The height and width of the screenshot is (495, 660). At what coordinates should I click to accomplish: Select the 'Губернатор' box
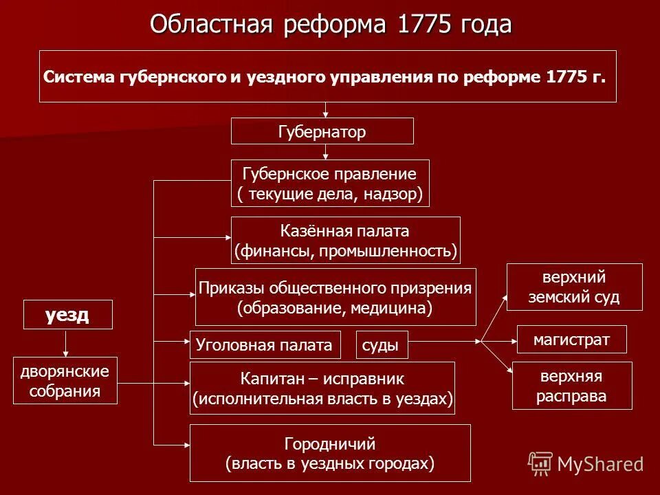[322, 131]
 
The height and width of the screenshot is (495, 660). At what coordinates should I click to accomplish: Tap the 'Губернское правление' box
[330, 183]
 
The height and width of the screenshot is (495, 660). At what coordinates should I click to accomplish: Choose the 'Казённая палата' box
[345, 241]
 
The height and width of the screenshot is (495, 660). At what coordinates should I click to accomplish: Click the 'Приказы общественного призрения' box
[335, 297]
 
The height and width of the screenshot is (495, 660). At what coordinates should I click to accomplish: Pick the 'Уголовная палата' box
[265, 344]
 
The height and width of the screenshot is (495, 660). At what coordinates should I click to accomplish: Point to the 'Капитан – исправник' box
[322, 388]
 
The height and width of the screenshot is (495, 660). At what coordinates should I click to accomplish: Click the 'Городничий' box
[330, 453]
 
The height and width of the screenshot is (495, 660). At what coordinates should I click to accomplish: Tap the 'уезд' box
[67, 315]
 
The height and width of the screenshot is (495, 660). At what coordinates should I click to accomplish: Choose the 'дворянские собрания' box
[65, 381]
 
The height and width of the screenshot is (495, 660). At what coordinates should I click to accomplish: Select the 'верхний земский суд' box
[574, 287]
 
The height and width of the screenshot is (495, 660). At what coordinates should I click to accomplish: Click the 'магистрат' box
[571, 340]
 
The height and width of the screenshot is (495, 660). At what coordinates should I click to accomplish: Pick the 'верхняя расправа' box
[571, 386]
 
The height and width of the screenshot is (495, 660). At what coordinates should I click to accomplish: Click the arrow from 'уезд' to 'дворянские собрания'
[67, 343]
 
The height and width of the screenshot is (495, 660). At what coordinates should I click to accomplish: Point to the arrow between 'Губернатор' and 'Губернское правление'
[326, 152]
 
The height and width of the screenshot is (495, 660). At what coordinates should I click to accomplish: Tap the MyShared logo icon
[541, 464]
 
